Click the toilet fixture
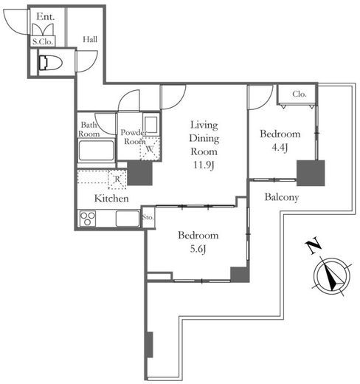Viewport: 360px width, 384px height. pyautogui.click(x=50, y=63)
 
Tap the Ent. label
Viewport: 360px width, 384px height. pyautogui.click(x=45, y=17)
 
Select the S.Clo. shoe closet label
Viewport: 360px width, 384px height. pyautogui.click(x=43, y=42)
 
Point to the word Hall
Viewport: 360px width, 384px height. pyautogui.click(x=90, y=39)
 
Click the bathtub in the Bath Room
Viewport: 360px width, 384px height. pyautogui.click(x=97, y=151)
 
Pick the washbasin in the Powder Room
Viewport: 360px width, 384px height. pyautogui.click(x=150, y=123)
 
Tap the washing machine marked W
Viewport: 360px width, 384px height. pyautogui.click(x=150, y=149)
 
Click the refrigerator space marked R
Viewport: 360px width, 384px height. pyautogui.click(x=117, y=179)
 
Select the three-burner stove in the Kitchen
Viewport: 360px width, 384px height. pyautogui.click(x=88, y=218)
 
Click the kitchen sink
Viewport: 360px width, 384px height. pyautogui.click(x=128, y=219)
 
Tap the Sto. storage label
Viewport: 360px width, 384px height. pyautogui.click(x=148, y=218)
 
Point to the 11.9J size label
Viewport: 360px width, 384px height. pyautogui.click(x=204, y=165)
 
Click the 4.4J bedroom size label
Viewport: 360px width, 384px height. pyautogui.click(x=280, y=147)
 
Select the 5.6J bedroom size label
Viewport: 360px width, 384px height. pyautogui.click(x=198, y=249)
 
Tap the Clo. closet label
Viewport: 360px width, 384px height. pyautogui.click(x=300, y=94)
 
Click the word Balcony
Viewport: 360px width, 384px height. pyautogui.click(x=282, y=197)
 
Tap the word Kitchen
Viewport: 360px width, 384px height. pyautogui.click(x=111, y=199)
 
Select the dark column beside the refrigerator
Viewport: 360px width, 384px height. pyautogui.click(x=139, y=173)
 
